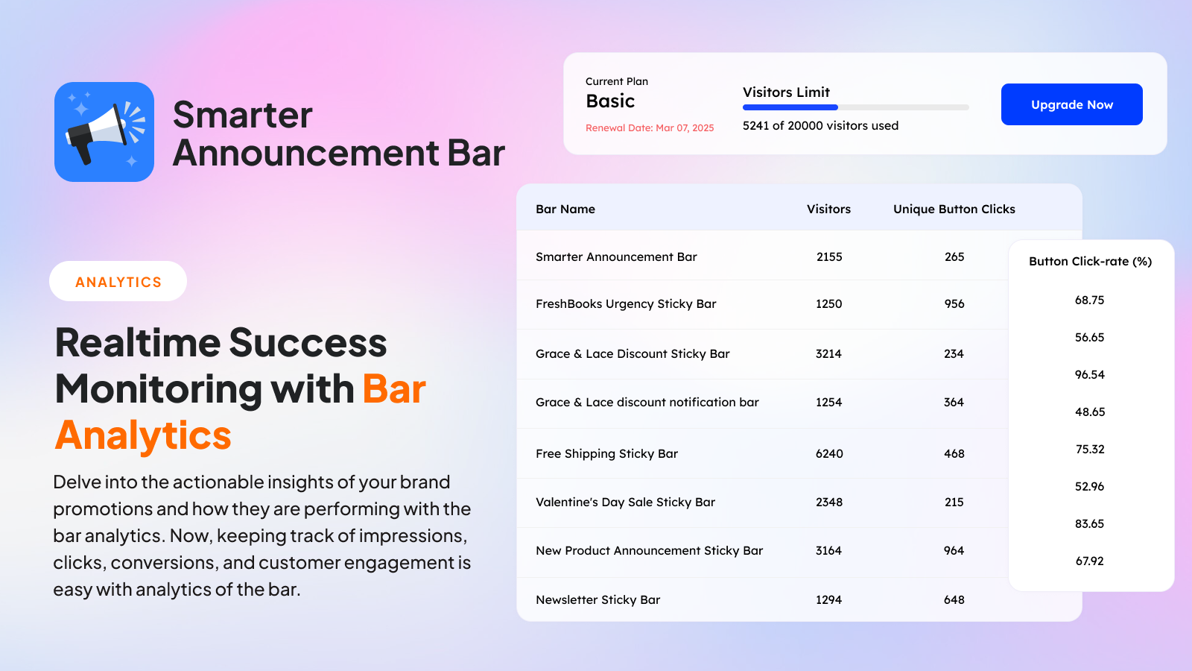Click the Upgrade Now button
coord(1072,104)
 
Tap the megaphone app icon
coord(104,132)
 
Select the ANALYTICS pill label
coord(118,282)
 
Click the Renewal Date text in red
coord(650,127)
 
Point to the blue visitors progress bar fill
coord(790,107)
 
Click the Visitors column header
coord(828,210)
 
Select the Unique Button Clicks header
coord(954,210)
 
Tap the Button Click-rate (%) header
coord(1091,262)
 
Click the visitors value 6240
coord(829,454)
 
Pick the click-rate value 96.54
coord(1090,375)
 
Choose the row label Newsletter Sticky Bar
coord(597,599)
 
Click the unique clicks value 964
coord(954,551)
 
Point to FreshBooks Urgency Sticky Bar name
coord(626,304)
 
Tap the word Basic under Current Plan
coord(610,101)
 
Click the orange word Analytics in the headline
coord(142,435)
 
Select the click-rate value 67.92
coord(1090,561)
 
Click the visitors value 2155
coord(829,257)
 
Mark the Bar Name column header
coord(565,210)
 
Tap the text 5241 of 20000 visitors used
coord(820,126)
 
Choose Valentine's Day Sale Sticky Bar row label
coord(625,503)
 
